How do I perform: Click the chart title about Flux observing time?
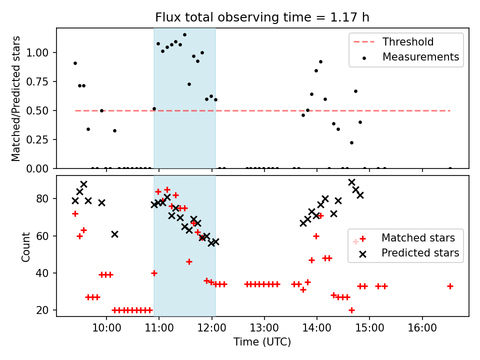[262, 18]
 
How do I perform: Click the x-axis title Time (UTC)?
[262, 342]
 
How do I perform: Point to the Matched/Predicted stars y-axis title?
[16, 98]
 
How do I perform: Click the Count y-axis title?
[26, 246]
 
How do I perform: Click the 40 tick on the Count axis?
[46, 273]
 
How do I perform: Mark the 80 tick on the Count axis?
[46, 198]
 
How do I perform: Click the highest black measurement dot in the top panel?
[184, 35]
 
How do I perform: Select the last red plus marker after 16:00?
[450, 286]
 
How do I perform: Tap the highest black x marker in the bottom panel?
[351, 182]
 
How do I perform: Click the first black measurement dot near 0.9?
[75, 63]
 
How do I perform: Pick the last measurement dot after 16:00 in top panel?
[450, 168]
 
